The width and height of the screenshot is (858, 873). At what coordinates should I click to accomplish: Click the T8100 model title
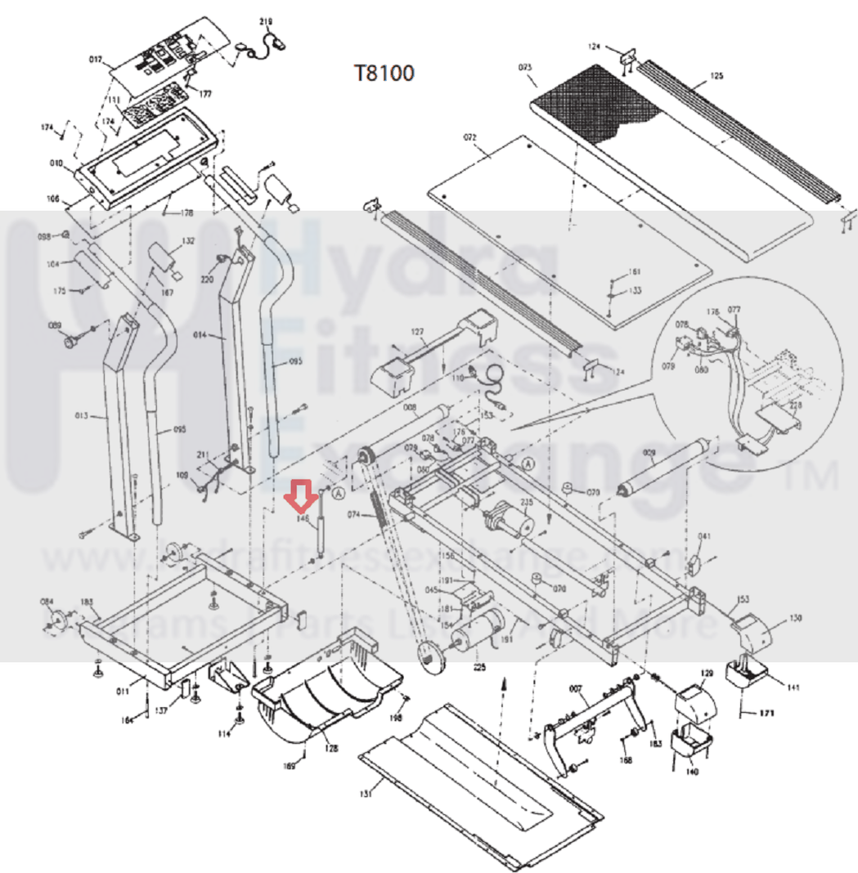click(x=384, y=74)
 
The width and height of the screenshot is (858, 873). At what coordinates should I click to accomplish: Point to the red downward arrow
click(x=300, y=495)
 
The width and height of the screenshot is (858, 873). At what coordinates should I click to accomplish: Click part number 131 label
click(x=367, y=792)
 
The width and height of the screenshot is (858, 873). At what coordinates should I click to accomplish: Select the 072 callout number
click(x=469, y=137)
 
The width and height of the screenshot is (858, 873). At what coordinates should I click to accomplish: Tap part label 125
click(x=716, y=76)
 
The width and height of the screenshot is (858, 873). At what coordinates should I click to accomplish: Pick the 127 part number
click(x=418, y=332)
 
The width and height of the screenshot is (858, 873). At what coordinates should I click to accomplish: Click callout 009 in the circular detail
click(x=649, y=451)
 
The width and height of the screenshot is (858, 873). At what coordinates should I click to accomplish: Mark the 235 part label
click(x=526, y=503)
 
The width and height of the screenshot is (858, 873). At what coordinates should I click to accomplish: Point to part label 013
click(x=81, y=417)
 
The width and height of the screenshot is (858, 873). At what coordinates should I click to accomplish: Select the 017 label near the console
click(x=96, y=60)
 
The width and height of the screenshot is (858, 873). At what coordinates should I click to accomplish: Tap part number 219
click(x=265, y=22)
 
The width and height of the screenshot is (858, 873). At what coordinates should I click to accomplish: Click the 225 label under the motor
click(x=479, y=667)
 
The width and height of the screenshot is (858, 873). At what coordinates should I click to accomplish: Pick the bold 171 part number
click(x=765, y=713)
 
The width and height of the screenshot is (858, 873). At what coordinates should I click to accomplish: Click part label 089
click(x=55, y=326)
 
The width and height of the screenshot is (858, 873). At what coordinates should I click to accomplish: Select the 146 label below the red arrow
click(x=303, y=517)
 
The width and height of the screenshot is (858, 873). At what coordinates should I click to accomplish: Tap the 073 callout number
click(x=525, y=67)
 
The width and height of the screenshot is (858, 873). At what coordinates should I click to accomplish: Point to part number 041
click(x=705, y=536)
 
